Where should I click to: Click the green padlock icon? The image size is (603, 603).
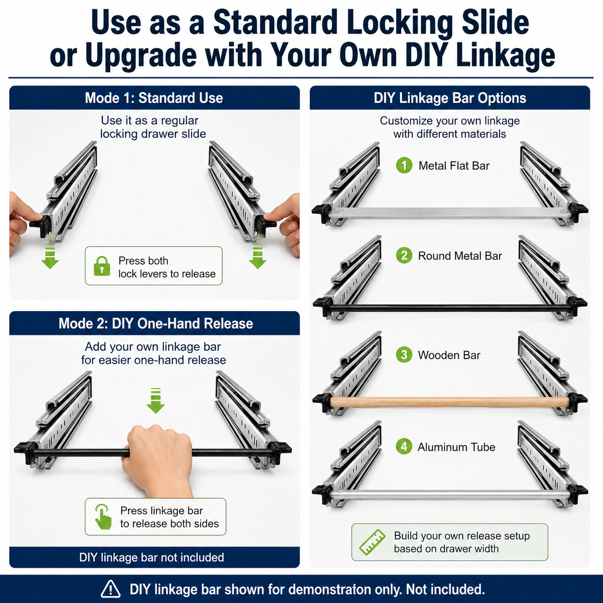tap(102, 266)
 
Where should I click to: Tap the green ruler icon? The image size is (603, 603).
tap(372, 542)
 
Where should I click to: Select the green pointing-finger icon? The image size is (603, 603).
tap(103, 516)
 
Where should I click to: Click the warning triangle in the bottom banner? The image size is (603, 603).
tap(111, 589)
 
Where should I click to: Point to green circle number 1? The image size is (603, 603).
tap(404, 165)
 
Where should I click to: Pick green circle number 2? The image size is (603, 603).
tap(404, 255)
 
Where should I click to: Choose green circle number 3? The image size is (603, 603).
tap(404, 355)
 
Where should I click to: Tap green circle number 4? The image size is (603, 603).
tap(404, 447)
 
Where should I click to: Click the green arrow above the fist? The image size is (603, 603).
tap(155, 401)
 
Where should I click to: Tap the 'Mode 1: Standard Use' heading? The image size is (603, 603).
tap(154, 98)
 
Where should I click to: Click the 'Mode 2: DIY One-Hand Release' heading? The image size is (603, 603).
tap(155, 323)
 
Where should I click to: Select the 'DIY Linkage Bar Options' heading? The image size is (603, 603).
tap(450, 98)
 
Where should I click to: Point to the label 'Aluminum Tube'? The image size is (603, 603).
tap(456, 447)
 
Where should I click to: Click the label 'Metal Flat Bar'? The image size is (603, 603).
tap(454, 165)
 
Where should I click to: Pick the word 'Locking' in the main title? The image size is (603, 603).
tap(399, 23)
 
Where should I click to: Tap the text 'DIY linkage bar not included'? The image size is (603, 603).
tap(151, 557)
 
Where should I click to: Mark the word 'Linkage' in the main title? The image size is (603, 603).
tap(505, 56)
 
